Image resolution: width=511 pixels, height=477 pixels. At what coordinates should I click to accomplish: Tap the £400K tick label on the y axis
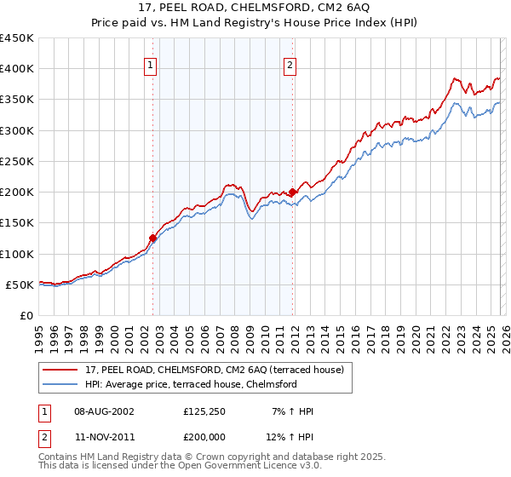pos(17,69)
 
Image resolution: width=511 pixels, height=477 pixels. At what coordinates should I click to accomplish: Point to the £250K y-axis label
pos(17,161)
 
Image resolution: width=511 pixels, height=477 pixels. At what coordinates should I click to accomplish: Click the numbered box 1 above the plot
pos(151,65)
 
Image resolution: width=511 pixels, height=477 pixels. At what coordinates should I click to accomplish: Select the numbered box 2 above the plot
pos(290,65)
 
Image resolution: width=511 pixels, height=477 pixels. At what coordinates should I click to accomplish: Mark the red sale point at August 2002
pos(153,238)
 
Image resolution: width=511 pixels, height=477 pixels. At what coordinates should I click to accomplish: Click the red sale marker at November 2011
pos(292,192)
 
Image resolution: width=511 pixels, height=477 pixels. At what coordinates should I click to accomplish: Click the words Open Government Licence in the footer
pos(221,468)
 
